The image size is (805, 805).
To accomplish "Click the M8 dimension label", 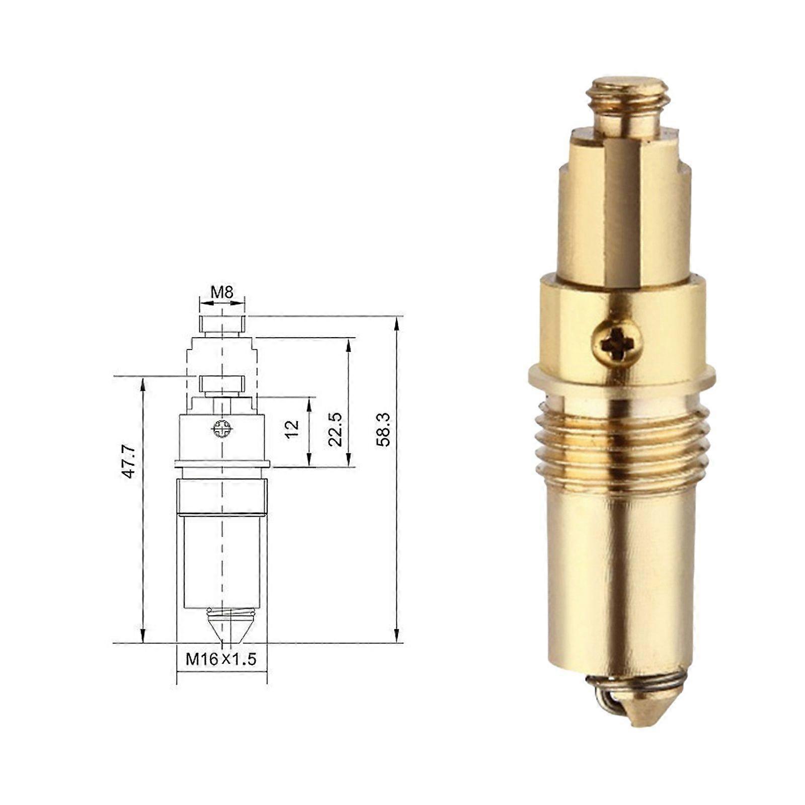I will point(222,292).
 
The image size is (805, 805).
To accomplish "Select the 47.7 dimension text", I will point(129,461).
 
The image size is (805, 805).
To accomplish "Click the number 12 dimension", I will point(292,429).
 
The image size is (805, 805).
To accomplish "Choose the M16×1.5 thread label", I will point(221,659).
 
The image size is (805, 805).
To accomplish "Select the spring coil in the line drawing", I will point(229,613).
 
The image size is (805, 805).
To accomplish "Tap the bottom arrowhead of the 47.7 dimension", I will point(143,636).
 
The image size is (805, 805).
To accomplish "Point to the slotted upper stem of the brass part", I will point(624,211).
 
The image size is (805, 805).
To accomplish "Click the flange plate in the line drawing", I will point(222,463).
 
